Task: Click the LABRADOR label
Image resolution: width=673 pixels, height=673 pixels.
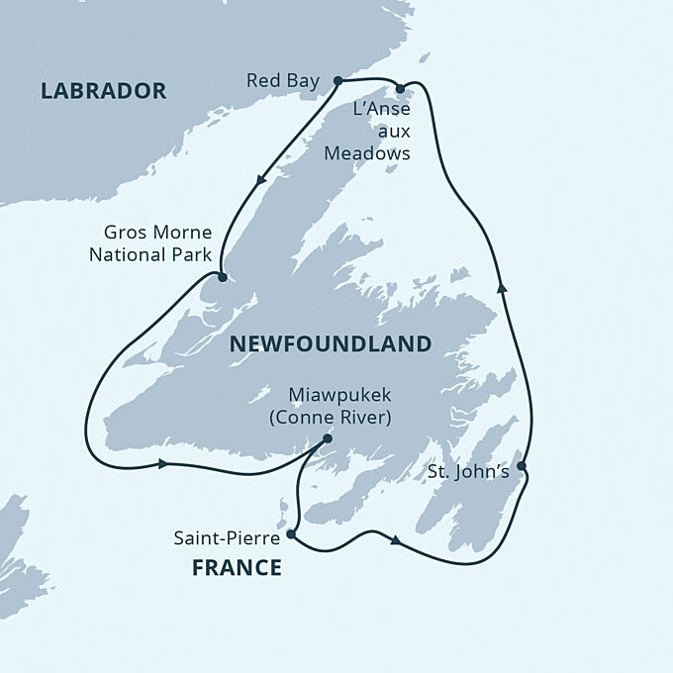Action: [x=103, y=91]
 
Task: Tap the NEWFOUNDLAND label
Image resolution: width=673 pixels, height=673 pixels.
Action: [x=330, y=343]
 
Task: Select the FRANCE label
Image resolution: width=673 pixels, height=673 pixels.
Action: [x=237, y=568]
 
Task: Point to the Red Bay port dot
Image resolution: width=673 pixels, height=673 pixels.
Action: [x=337, y=80]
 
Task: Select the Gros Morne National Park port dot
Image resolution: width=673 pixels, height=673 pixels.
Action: [x=222, y=278]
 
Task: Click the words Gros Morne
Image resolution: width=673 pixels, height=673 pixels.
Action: [x=157, y=235]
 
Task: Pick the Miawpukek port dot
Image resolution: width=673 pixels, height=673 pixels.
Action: [x=328, y=439]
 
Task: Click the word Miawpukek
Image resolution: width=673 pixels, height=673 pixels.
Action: [x=331, y=395]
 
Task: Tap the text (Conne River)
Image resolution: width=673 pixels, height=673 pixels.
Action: [x=331, y=417]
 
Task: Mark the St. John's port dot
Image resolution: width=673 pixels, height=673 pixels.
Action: [x=522, y=465]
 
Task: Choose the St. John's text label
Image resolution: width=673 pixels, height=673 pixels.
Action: [x=468, y=472]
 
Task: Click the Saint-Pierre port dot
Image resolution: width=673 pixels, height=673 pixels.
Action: [x=290, y=534]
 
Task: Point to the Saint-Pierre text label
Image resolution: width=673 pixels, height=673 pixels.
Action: [x=227, y=538]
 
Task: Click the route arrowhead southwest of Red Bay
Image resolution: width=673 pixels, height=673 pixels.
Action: [x=262, y=180]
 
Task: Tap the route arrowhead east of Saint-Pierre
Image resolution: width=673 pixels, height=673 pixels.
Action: [x=396, y=540]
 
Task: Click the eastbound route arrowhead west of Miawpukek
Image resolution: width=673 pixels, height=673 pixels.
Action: [x=161, y=463]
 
